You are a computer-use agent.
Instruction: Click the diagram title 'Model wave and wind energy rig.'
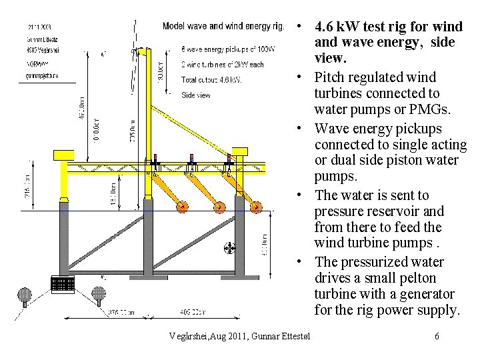(223, 26)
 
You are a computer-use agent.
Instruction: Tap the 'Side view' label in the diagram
(196, 95)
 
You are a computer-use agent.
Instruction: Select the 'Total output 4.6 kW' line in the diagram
(211, 80)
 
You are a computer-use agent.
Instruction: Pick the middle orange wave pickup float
(219, 207)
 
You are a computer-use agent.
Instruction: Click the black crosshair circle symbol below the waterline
(230, 249)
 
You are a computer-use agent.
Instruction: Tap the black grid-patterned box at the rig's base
(63, 285)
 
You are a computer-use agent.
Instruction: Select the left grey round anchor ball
(25, 293)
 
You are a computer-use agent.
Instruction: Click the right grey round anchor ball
(99, 293)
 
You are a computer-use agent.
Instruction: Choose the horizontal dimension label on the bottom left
(121, 311)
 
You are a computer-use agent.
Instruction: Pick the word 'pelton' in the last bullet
(417, 278)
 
